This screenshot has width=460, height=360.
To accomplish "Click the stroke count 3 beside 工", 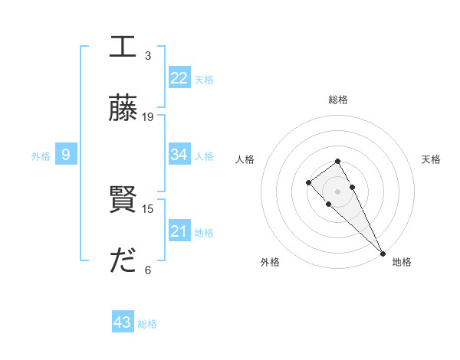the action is (147, 55).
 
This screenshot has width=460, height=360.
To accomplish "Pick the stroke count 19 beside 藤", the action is (148, 117).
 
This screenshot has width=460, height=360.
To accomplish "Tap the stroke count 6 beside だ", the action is (147, 270).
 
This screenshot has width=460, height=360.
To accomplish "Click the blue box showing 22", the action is (179, 78).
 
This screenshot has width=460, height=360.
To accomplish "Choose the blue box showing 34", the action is (179, 155).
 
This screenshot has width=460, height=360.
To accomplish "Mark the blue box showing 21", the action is (179, 231).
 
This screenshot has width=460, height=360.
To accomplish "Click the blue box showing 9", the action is (66, 155).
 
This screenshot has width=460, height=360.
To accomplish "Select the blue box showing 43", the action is (123, 322).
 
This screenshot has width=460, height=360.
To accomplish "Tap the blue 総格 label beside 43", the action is (147, 324).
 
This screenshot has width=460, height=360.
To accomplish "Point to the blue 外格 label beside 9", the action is (41, 156).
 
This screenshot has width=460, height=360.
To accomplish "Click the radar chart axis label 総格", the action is (337, 100).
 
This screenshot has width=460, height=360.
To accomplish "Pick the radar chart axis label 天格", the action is (431, 159).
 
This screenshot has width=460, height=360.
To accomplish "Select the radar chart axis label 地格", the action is (402, 262).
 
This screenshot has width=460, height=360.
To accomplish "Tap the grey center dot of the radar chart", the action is (337, 191).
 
